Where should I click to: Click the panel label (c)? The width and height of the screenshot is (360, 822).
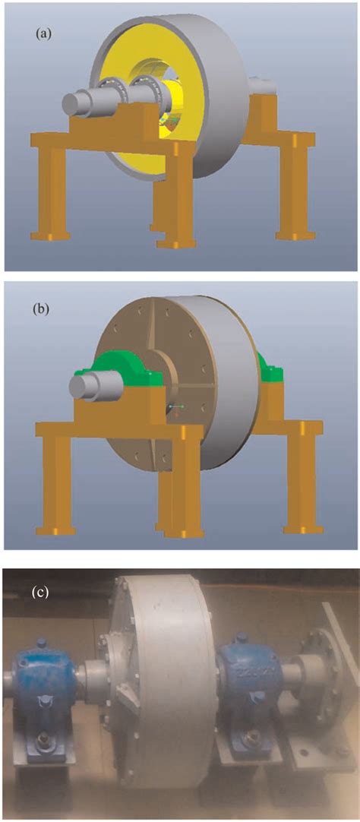pyautogui.click(x=40, y=593)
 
